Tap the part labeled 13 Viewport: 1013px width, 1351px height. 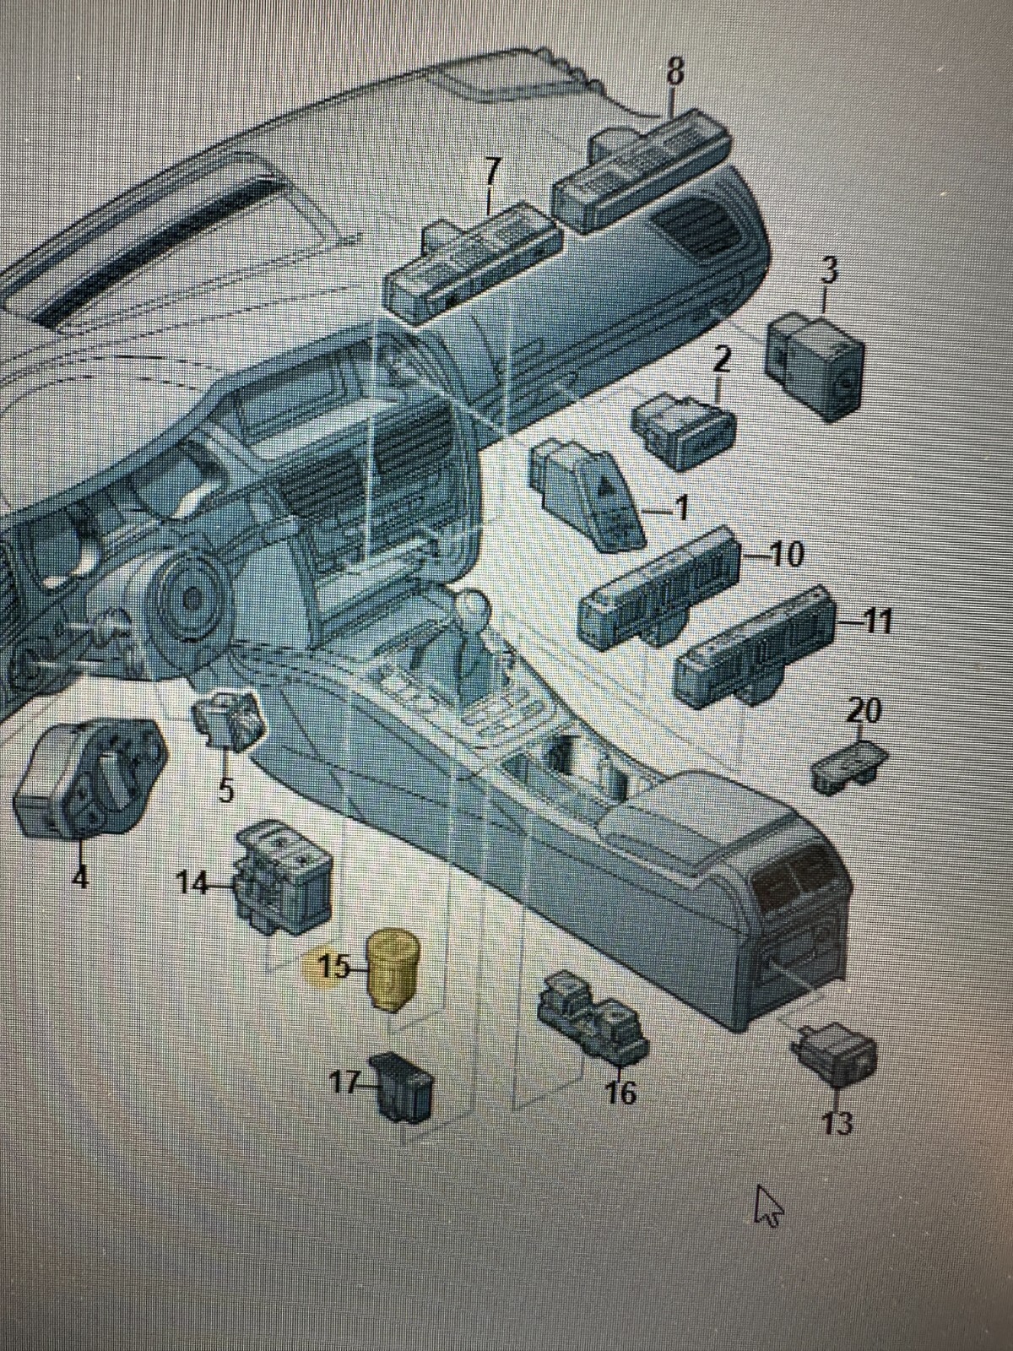834,1053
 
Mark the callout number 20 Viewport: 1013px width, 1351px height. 863,712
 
